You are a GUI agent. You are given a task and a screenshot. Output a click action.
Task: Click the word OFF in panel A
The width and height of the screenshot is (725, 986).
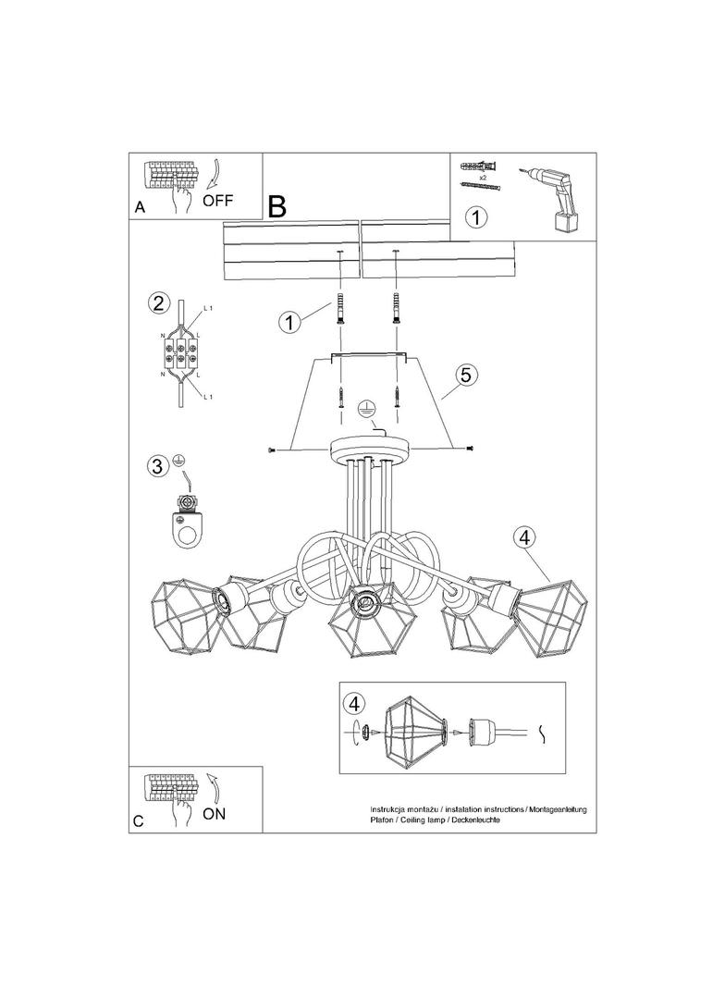(217, 201)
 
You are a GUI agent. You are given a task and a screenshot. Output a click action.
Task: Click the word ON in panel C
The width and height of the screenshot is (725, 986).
(214, 814)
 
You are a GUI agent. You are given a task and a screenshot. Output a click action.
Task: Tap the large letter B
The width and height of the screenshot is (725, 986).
(276, 206)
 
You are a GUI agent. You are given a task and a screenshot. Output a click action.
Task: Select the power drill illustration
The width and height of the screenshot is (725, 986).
(551, 199)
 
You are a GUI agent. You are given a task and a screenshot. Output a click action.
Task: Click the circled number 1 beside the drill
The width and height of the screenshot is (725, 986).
(476, 217)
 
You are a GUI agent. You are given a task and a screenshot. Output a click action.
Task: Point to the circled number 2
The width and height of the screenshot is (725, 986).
(158, 303)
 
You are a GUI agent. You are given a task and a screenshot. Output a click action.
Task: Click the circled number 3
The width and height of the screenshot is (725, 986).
(158, 466)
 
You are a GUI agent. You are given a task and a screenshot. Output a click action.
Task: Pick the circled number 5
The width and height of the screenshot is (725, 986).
(465, 375)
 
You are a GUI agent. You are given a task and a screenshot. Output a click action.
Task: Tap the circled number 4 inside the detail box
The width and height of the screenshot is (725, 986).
(355, 703)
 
